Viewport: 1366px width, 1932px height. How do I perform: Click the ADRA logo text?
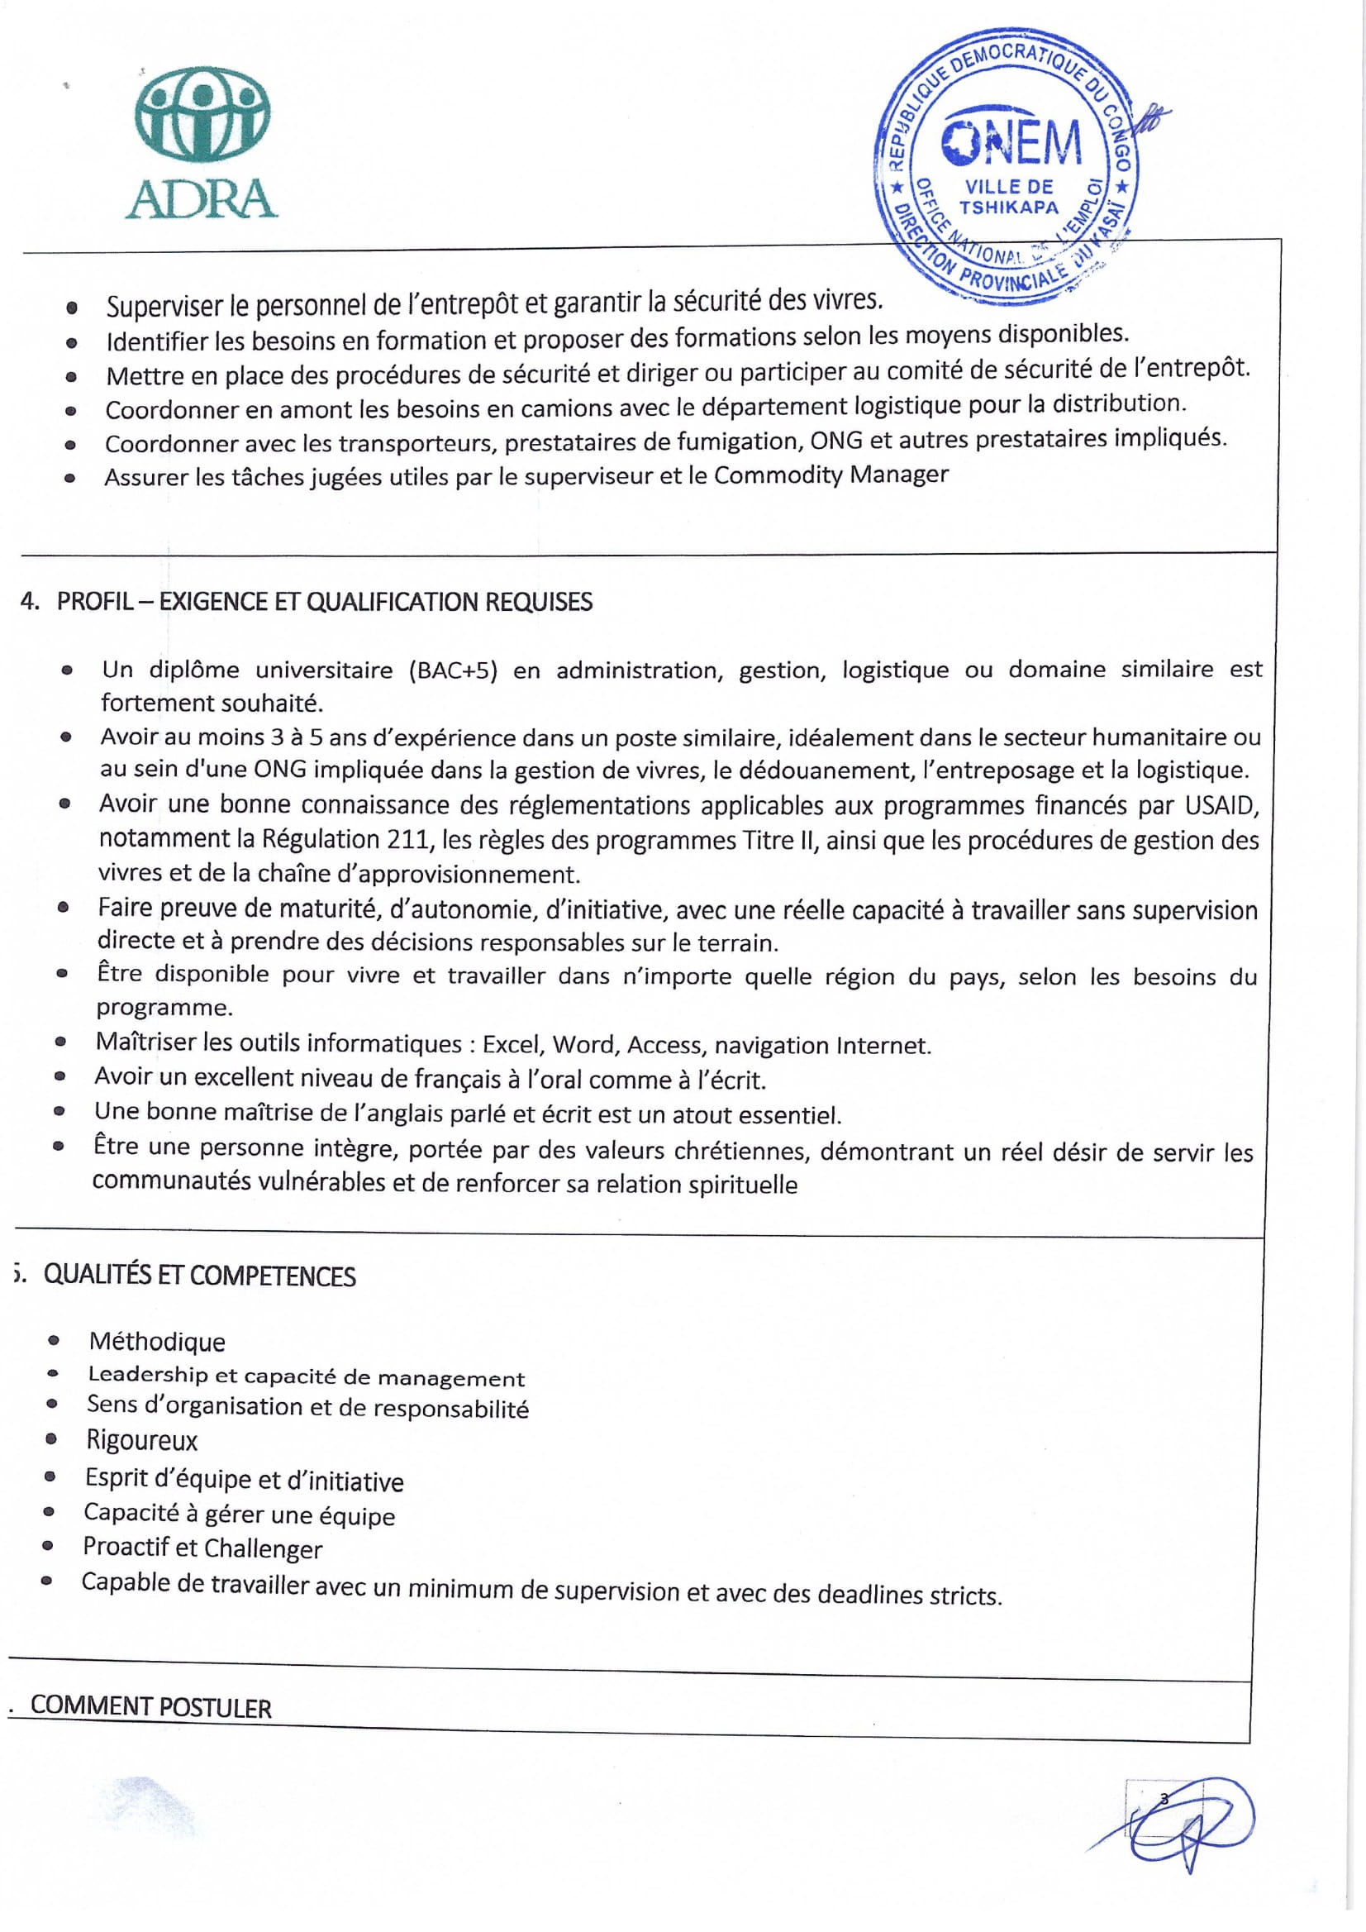pyautogui.click(x=201, y=198)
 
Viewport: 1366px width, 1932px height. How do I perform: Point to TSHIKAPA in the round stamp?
pyautogui.click(x=1008, y=207)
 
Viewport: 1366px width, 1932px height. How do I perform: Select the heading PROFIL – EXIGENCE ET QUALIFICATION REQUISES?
pyautogui.click(x=324, y=603)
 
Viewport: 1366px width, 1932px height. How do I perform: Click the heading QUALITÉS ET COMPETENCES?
pyautogui.click(x=199, y=1276)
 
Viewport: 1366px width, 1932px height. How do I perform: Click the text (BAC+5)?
pyautogui.click(x=454, y=670)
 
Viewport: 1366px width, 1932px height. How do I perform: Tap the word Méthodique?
pyautogui.click(x=157, y=1341)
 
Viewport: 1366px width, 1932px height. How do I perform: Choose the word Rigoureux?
pyautogui.click(x=142, y=1441)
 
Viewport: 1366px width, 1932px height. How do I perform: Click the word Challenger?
pyautogui.click(x=263, y=1549)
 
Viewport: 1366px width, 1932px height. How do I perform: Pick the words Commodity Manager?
pyautogui.click(x=831, y=475)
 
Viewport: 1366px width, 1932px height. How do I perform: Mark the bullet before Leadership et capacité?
pyautogui.click(x=53, y=1374)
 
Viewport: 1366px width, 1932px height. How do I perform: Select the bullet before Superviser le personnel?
pyautogui.click(x=73, y=308)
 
